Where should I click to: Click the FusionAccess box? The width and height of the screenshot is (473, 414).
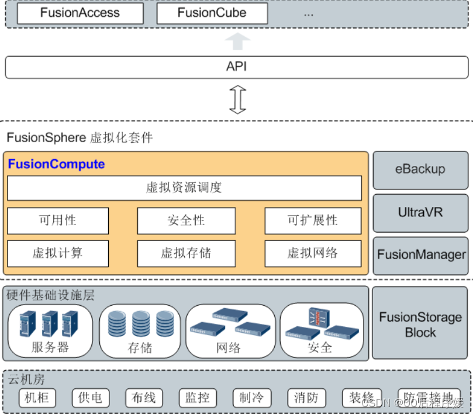(80, 13)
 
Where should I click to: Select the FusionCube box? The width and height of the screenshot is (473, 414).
(212, 13)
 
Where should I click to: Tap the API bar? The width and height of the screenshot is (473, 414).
(236, 67)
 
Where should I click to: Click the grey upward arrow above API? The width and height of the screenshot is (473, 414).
(237, 42)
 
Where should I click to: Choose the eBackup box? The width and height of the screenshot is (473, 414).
(420, 170)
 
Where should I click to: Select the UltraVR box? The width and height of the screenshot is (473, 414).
(420, 212)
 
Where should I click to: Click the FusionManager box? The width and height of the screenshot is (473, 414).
(421, 255)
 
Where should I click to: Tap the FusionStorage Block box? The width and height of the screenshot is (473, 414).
(420, 325)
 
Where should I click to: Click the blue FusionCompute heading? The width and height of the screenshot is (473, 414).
(56, 164)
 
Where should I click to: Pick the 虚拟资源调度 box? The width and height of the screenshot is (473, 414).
(184, 188)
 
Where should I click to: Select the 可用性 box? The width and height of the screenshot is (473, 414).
(58, 220)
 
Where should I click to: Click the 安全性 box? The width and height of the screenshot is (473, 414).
(186, 220)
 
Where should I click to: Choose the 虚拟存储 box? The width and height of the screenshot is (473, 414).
(186, 253)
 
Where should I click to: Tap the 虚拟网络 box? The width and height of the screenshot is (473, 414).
(313, 253)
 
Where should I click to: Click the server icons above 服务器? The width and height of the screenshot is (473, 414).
(50, 323)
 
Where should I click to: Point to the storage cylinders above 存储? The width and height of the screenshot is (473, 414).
(140, 323)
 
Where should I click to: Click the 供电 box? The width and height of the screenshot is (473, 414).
(90, 398)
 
